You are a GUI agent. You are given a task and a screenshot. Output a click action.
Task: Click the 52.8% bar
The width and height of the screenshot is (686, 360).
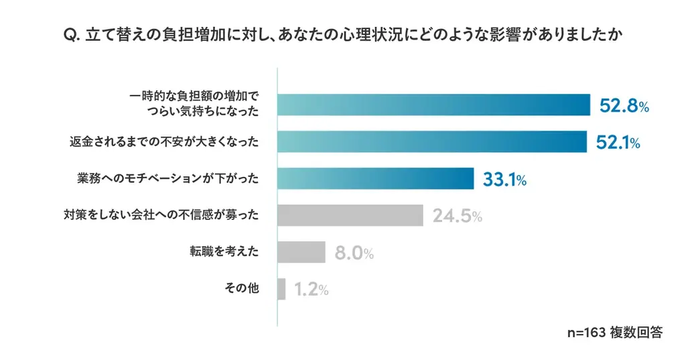pos(433,105)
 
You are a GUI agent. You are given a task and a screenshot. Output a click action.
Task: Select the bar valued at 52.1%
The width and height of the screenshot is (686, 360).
pos(432,141)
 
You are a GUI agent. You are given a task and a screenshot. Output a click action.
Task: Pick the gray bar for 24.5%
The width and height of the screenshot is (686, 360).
pos(350,215)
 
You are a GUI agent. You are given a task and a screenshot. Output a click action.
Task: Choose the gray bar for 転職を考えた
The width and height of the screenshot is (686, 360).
pos(301,252)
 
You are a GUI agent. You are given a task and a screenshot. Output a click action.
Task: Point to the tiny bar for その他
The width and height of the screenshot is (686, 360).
pos(281,289)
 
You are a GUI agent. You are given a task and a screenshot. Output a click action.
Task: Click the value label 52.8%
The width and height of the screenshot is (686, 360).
pos(624,106)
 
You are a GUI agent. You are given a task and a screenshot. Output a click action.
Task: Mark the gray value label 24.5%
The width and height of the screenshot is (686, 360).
pos(458,216)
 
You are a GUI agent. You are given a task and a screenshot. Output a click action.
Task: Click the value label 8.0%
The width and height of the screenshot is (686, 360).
pos(354,253)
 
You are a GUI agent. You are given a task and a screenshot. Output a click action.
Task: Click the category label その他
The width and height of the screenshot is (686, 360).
pos(241,289)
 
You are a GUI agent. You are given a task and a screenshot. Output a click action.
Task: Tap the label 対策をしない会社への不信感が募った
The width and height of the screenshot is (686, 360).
pos(161,215)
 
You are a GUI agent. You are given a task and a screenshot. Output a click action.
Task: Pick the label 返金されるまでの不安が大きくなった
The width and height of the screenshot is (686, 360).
pos(163,141)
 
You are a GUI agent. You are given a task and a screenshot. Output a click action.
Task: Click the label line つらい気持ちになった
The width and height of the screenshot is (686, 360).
pos(201,113)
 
